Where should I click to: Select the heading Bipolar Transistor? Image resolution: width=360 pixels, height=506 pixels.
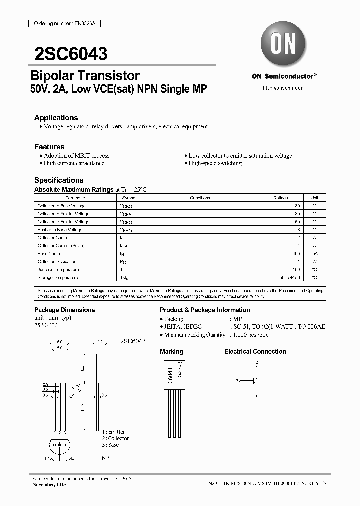tap(85, 76)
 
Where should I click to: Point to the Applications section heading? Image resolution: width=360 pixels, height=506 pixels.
tap(56, 118)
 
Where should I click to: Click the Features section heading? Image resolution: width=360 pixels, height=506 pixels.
tap(49, 147)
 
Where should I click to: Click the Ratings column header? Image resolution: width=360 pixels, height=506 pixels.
tap(280, 198)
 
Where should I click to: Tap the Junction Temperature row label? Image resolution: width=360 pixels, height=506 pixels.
tap(57, 269)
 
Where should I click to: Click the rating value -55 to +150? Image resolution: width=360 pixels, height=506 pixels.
tap(289, 277)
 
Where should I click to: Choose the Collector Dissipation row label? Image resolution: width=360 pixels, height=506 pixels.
tap(57, 262)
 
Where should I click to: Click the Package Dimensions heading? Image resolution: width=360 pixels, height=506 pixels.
tap(64, 310)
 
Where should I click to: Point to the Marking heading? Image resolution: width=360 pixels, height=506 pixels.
tap(171, 352)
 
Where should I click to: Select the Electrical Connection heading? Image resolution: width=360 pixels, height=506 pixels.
tap(255, 352)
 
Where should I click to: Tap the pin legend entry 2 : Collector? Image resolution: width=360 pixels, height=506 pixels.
tap(115, 438)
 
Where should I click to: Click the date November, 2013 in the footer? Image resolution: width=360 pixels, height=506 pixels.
tap(48, 485)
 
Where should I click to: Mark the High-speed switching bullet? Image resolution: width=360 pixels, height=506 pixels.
tap(215, 163)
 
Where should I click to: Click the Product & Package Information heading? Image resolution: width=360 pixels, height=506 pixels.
tap(205, 310)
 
